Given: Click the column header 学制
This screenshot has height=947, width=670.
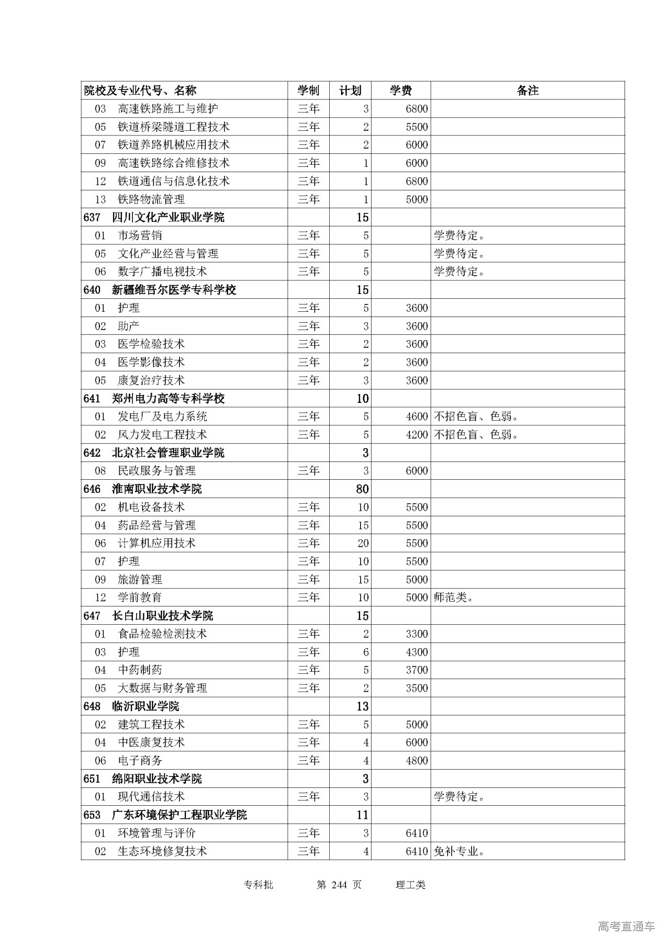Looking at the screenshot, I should (308, 91).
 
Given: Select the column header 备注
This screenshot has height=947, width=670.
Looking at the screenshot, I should (527, 91).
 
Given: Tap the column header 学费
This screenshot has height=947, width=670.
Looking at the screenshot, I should (400, 91).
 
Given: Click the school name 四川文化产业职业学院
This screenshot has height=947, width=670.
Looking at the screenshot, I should (168, 217).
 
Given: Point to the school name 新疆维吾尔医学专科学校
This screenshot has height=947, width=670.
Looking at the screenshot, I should (174, 290).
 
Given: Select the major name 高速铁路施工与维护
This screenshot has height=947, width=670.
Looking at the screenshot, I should (167, 109).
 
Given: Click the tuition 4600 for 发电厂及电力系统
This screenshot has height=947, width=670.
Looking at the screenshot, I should (417, 416).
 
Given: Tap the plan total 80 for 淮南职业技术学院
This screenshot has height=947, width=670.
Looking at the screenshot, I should (362, 489).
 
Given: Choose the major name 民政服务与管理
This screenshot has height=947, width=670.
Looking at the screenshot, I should (157, 471).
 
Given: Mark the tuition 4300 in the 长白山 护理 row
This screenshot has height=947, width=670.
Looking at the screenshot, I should (417, 652).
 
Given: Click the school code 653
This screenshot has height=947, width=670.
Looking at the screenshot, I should (92, 815).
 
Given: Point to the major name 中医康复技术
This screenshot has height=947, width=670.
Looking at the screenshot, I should (151, 742).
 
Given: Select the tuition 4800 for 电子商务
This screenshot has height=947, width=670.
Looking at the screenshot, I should (417, 761).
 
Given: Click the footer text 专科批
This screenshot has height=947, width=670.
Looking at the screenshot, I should (259, 885).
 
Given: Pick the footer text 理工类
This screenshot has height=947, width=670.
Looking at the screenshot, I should (411, 885).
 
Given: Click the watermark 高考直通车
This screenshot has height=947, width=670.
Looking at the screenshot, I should (626, 927).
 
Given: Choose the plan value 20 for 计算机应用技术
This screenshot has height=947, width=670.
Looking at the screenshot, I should (363, 543).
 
